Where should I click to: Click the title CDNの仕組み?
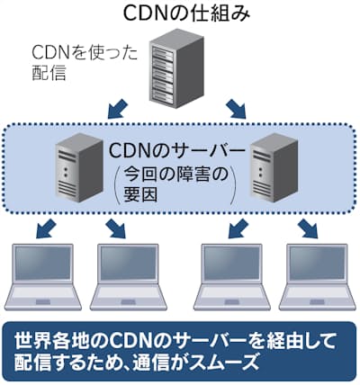[x=186, y=13]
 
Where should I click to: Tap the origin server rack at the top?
[x=176, y=68]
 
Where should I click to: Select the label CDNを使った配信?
[x=85, y=63]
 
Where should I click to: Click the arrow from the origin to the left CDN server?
[x=118, y=109]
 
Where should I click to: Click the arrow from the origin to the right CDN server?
[x=236, y=109]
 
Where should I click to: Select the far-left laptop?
[x=42, y=277]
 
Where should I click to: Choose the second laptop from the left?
[x=129, y=277]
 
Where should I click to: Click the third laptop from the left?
[x=232, y=277]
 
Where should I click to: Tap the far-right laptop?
[x=318, y=277]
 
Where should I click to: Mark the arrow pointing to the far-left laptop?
[x=46, y=228]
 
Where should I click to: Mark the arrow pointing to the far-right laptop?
[x=308, y=228]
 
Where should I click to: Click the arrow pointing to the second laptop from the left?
[x=116, y=228]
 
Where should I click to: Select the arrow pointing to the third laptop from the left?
[x=238, y=228]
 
